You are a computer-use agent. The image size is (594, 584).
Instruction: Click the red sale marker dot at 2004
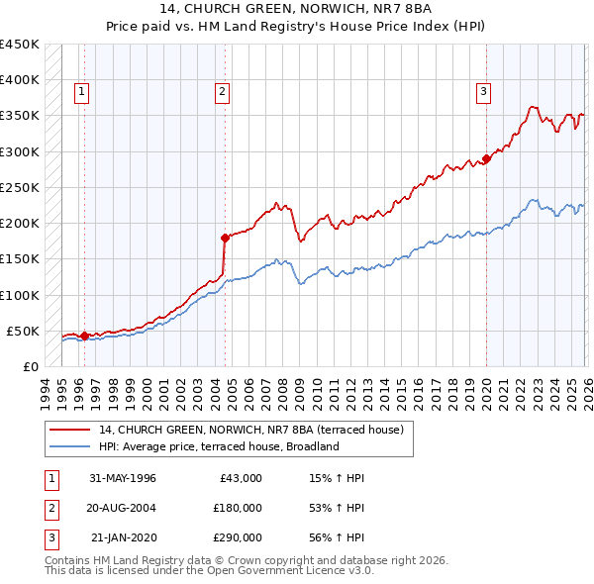tap(226, 238)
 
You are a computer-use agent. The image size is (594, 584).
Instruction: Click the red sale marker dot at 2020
tap(486, 158)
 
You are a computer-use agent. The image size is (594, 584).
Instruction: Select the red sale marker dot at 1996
tap(84, 336)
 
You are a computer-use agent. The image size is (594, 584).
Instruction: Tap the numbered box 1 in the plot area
tap(82, 92)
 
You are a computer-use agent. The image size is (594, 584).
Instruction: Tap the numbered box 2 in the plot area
tap(223, 92)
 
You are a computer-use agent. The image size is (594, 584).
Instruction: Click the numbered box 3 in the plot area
tap(484, 92)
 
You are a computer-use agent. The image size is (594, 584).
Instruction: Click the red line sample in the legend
tap(71, 431)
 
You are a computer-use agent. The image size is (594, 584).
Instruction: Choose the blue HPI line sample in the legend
tap(71, 446)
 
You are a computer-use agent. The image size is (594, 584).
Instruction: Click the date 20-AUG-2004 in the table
tap(123, 508)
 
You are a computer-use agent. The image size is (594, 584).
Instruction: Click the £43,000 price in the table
tap(241, 478)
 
